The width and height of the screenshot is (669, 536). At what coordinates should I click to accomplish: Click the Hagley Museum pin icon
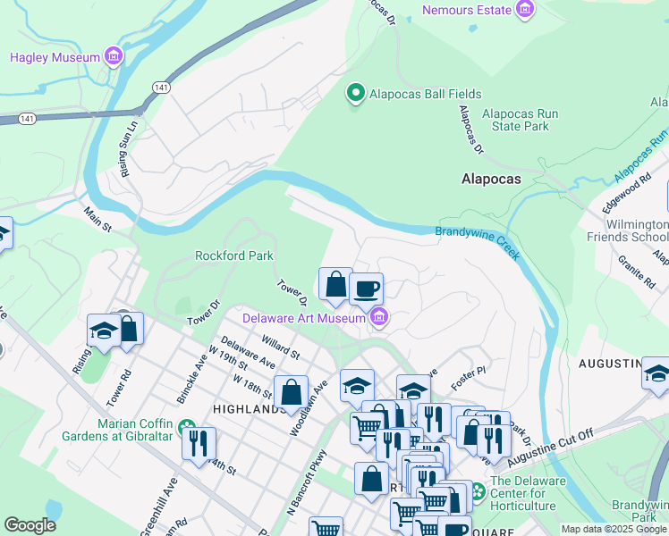pos(114,57)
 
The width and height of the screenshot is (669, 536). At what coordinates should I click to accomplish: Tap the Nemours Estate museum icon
pos(525,10)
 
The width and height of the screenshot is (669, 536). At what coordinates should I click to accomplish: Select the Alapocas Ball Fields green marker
pos(355,93)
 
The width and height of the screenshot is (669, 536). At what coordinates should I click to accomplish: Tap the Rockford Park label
pos(234,255)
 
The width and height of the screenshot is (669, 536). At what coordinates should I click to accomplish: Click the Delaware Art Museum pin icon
pos(380,317)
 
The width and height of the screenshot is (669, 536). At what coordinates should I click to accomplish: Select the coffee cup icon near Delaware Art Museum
pos(366,289)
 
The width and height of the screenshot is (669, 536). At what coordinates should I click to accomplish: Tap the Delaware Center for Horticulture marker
pos(478,490)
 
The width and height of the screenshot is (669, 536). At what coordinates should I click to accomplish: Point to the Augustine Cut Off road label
pos(550,448)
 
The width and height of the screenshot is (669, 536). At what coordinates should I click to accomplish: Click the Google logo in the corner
pos(30,525)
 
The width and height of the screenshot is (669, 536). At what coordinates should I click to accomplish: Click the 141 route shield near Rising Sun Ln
pos(161,86)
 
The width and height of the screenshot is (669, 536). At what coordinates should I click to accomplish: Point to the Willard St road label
pos(280,346)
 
